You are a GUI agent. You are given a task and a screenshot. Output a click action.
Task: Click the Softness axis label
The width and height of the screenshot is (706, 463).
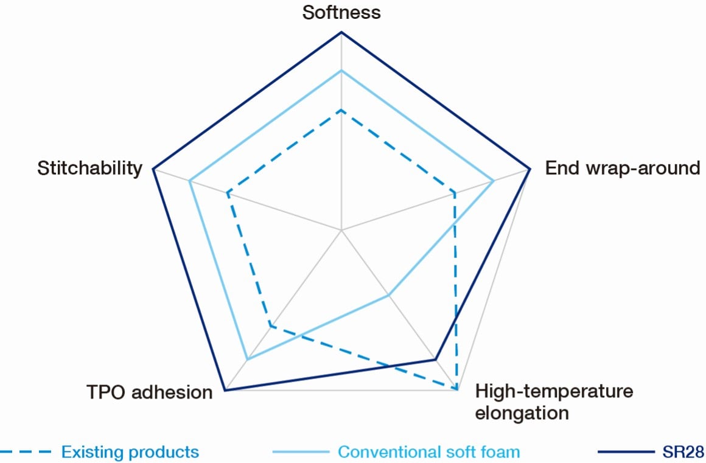click(341, 12)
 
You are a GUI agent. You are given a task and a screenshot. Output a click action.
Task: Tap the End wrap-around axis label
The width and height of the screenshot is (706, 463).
click(622, 168)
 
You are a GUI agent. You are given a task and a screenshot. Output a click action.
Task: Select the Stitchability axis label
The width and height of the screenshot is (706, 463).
click(89, 168)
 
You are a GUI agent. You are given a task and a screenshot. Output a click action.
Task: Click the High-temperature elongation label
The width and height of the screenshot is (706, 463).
click(553, 402)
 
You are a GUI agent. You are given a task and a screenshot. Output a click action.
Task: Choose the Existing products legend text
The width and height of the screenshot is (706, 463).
click(130, 452)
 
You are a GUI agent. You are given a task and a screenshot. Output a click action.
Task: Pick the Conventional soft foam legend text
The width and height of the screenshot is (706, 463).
click(428, 452)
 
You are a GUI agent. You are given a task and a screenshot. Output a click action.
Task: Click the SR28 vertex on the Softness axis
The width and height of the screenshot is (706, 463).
click(341, 32)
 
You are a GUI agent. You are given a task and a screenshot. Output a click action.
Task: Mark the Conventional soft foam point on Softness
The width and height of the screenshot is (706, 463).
click(341, 71)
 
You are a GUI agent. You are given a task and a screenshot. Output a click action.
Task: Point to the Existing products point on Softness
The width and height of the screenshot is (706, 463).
click(341, 110)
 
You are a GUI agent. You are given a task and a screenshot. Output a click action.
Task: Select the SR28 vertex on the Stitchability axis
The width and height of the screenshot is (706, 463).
click(152, 169)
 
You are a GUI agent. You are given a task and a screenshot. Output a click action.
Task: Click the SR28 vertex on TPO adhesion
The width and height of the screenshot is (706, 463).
click(225, 391)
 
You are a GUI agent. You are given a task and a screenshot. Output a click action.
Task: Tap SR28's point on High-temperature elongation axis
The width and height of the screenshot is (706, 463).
click(435, 360)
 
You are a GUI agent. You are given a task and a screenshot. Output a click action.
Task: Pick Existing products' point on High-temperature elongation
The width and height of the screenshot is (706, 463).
click(456, 388)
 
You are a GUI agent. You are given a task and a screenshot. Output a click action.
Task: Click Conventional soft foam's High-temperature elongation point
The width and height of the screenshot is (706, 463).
click(388, 295)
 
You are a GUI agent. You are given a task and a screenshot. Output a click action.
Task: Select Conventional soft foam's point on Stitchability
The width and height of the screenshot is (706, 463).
click(190, 181)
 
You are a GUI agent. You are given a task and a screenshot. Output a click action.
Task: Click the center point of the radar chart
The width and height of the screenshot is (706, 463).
click(341, 230)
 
